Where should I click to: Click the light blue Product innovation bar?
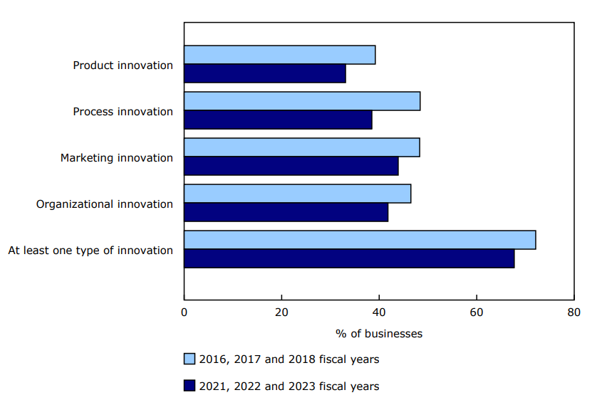pyautogui.click(x=279, y=55)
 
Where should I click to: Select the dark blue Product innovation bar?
pyautogui.click(x=264, y=73)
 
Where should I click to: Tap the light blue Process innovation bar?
pyautogui.click(x=302, y=101)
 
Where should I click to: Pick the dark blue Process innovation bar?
pyautogui.click(x=278, y=120)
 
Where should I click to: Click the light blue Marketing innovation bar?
pyautogui.click(x=301, y=147)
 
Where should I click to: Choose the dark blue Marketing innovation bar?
pyautogui.click(x=291, y=166)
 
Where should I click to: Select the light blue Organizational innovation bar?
pyautogui.click(x=297, y=194)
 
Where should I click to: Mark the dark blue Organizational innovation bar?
pyautogui.click(x=286, y=212)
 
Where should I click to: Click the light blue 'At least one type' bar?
pyautogui.click(x=360, y=240)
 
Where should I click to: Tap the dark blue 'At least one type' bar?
pyautogui.click(x=349, y=258)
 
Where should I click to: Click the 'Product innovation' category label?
pyautogui.click(x=123, y=65)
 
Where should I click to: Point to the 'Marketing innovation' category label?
pyautogui.click(x=117, y=158)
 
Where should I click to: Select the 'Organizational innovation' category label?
pyautogui.click(x=105, y=204)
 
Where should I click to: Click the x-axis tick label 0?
pyautogui.click(x=185, y=312)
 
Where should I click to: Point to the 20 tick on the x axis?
pyautogui.click(x=281, y=312)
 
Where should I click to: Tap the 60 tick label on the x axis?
pyautogui.click(x=476, y=312)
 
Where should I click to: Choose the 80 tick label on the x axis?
pyautogui.click(x=574, y=312)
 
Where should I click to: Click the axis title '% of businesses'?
pyautogui.click(x=379, y=333)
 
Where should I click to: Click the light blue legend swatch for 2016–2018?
pyautogui.click(x=190, y=359)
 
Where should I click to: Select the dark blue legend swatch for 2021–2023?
pyautogui.click(x=190, y=386)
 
